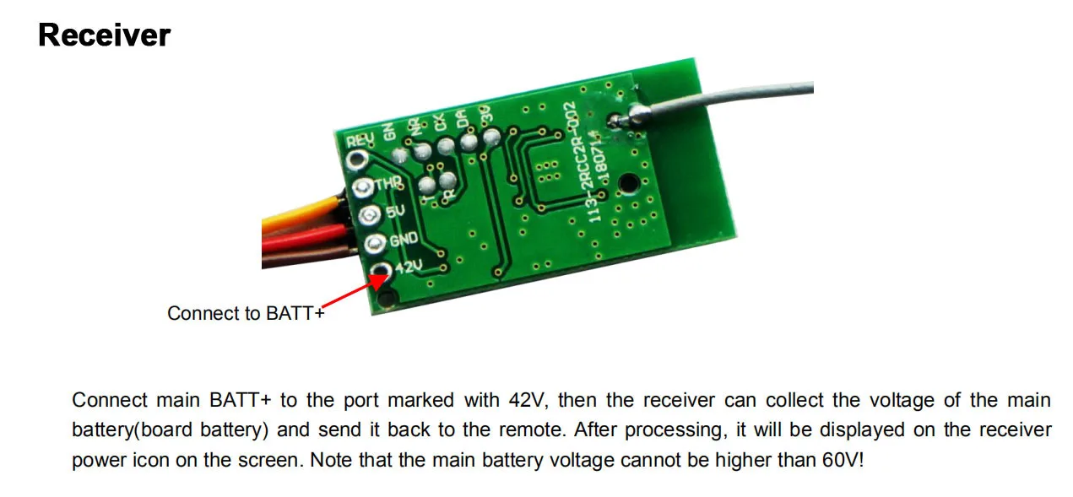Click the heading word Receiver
click(105, 35)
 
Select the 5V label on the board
click(395, 213)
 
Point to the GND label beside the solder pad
click(403, 240)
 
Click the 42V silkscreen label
click(408, 269)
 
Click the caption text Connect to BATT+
click(246, 314)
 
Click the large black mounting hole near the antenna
click(627, 181)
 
